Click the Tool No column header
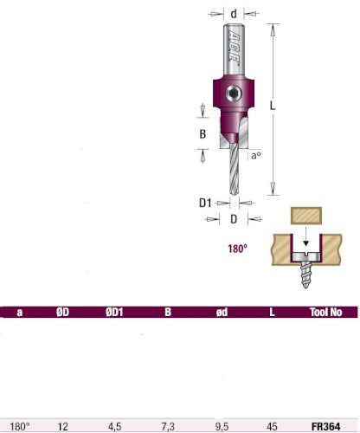point(325,312)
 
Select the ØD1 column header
point(114,312)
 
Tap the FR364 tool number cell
point(326,426)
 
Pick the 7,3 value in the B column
point(168,426)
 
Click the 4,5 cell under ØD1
point(114,426)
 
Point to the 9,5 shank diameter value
point(222,426)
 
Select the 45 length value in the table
point(272,426)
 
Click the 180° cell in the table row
point(20,426)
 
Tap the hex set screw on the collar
point(234,94)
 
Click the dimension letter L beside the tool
point(273,106)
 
